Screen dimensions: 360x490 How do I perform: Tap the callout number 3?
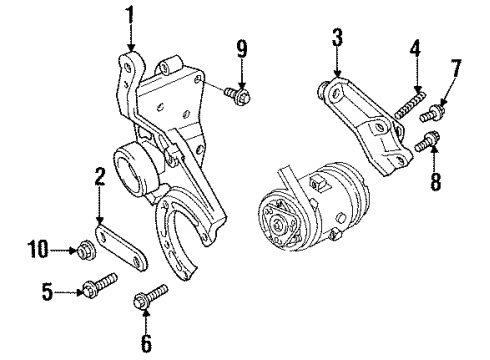coord(337,40)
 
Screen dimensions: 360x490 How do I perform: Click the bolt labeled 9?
coord(239,96)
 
